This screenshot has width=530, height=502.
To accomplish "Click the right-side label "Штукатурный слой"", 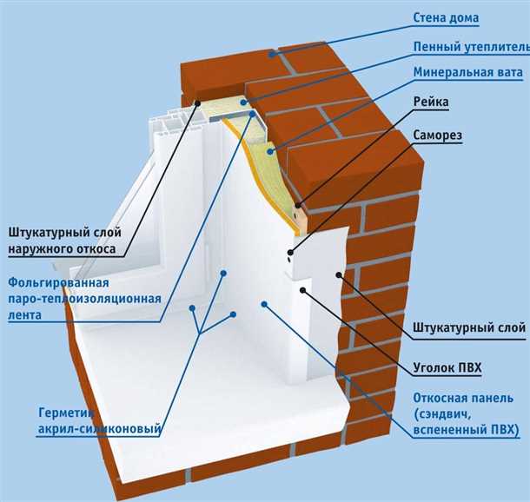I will coord(468,327).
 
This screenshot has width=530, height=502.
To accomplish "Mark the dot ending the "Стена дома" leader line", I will coord(271,54).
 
